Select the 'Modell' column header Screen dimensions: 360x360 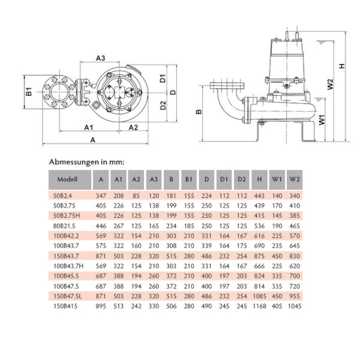(67, 179)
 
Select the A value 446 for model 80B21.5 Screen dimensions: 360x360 (101, 226)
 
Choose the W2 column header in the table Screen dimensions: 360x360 (294, 179)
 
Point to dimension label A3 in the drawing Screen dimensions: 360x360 (100, 58)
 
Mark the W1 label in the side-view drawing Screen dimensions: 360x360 (323, 119)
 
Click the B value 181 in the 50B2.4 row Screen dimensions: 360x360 (171, 196)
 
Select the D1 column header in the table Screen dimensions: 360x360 (224, 179)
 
